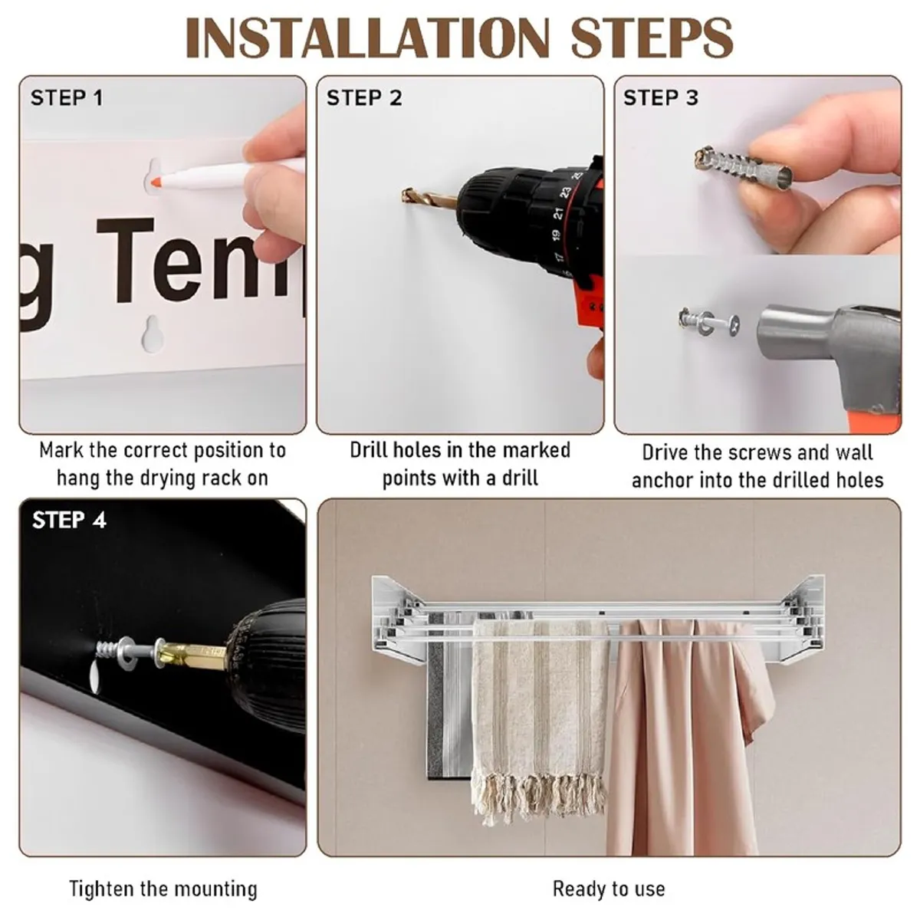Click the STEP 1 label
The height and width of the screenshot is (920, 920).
pos(67,98)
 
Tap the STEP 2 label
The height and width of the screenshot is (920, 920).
pos(364,98)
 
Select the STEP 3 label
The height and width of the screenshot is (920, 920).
pos(661,98)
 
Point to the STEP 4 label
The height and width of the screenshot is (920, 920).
pos(69,520)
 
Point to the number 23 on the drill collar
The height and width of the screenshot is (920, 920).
pos(565,192)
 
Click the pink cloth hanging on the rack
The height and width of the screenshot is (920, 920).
pos(688,735)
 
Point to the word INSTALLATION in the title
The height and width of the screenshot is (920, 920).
pos(368,38)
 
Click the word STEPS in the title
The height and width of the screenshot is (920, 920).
pos(652,38)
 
